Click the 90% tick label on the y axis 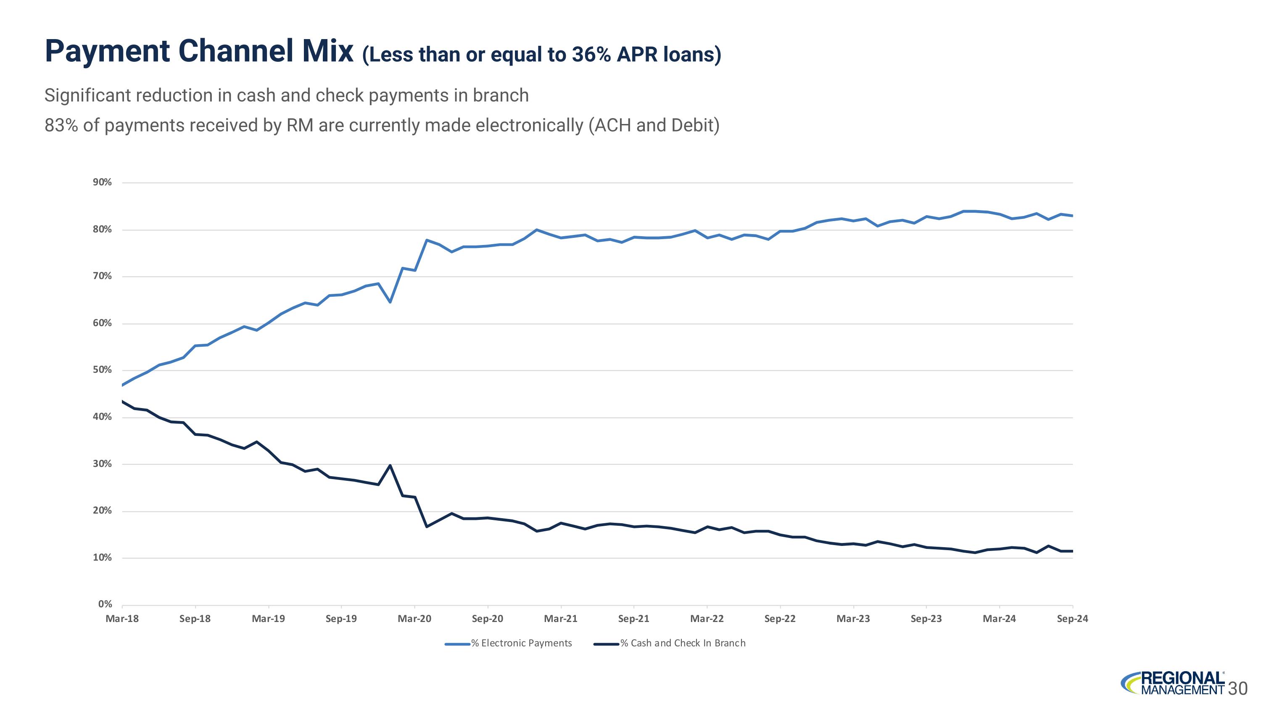[x=102, y=182]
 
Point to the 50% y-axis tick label [x=102, y=370]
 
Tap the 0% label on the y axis [x=105, y=604]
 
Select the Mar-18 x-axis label [x=122, y=619]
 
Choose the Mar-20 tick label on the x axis [x=414, y=619]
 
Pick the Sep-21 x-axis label [x=634, y=619]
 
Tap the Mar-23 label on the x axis [x=853, y=619]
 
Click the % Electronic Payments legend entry [x=508, y=643]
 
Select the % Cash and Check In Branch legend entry [x=670, y=643]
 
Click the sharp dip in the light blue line [x=390, y=302]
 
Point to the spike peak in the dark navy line [x=390, y=465]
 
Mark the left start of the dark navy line [x=122, y=402]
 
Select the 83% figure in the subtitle [x=61, y=126]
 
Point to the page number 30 [x=1238, y=689]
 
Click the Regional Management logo [x=1173, y=683]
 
